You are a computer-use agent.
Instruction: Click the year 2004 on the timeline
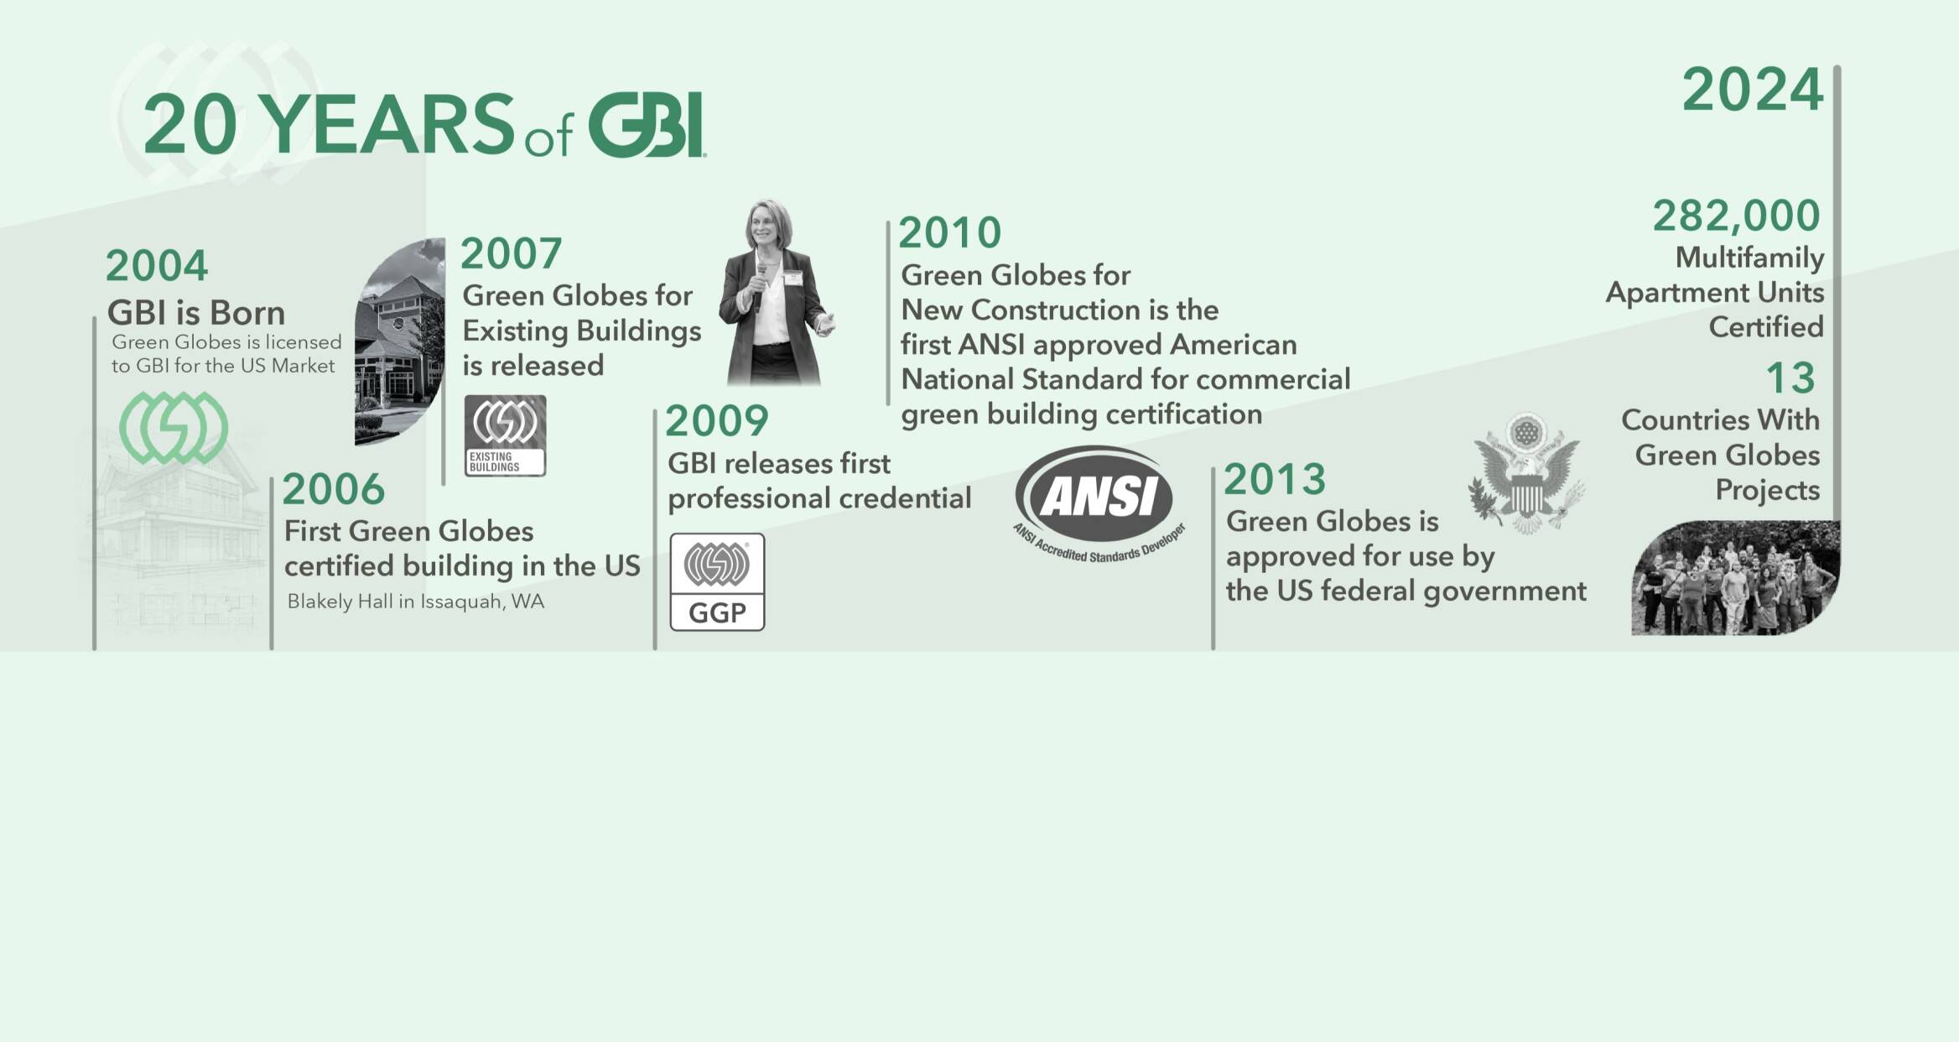156,266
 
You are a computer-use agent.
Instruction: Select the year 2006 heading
333,489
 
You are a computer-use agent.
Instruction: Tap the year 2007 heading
511,253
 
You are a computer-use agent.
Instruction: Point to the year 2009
716,421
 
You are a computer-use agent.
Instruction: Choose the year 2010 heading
950,232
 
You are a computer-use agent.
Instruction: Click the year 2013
1275,480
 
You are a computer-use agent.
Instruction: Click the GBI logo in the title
646,125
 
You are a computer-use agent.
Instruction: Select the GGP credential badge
717,581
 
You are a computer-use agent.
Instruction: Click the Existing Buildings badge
505,435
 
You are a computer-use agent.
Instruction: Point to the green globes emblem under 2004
174,428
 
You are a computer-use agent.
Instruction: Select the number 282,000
1736,216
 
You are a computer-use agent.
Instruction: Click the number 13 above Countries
1790,378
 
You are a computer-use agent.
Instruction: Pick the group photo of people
1735,578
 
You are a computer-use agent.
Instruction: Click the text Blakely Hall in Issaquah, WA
415,602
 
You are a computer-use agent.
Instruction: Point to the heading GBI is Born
196,313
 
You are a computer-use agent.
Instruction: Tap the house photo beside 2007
400,341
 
